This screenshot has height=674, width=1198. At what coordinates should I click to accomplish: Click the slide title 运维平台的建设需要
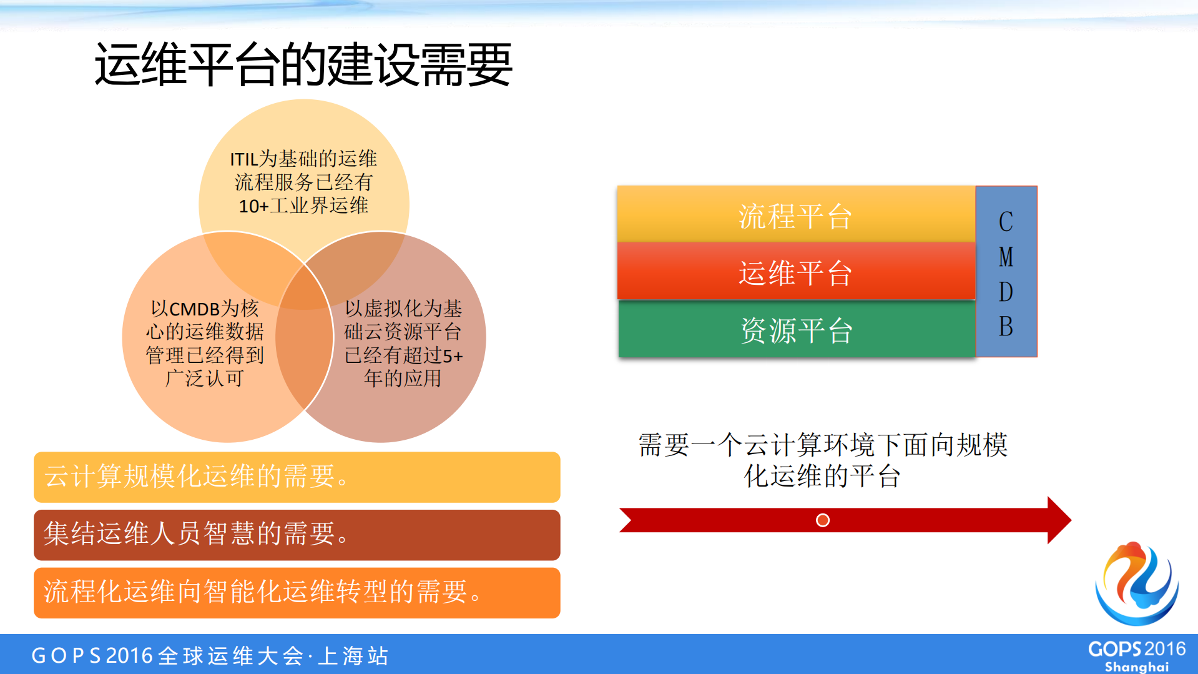click(x=303, y=64)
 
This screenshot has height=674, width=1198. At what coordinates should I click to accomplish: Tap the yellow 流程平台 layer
click(x=795, y=216)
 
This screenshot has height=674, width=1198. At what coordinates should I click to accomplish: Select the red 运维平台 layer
click(x=795, y=272)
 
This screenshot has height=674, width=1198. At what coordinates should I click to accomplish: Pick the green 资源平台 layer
click(x=795, y=330)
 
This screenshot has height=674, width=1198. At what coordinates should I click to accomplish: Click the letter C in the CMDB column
click(x=1005, y=222)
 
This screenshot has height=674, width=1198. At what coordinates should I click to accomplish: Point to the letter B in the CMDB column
click(x=1005, y=327)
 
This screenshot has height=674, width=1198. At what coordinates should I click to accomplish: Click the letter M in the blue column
click(x=1005, y=257)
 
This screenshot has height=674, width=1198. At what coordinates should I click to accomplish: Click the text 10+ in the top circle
click(x=253, y=206)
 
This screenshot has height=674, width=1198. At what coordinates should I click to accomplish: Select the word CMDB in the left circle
click(x=195, y=309)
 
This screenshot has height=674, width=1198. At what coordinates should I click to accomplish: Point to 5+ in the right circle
click(x=453, y=356)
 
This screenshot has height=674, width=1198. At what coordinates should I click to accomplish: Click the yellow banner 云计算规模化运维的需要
click(x=297, y=477)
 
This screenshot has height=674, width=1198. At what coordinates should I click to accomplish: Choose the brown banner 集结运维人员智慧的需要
click(x=297, y=534)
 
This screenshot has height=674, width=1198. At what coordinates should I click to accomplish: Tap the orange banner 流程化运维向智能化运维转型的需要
click(x=297, y=592)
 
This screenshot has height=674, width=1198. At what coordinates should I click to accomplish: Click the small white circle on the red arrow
click(x=822, y=520)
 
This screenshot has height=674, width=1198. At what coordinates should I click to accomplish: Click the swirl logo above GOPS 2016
click(x=1137, y=583)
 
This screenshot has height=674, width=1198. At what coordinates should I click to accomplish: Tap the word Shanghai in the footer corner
click(x=1136, y=667)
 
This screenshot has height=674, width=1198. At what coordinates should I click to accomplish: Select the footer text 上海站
click(x=353, y=656)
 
